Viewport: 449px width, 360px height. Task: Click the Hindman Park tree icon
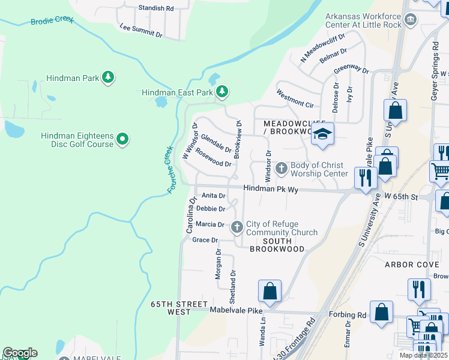109,77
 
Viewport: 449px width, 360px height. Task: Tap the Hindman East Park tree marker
223,92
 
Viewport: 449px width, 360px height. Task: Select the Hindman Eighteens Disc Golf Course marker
122,140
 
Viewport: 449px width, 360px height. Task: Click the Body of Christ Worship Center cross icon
282,169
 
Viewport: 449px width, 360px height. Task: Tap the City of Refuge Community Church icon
237,227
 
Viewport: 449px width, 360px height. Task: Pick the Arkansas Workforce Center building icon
411,20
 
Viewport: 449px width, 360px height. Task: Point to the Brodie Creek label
52,21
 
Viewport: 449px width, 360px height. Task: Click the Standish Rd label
155,8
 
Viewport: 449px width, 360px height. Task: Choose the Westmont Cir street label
295,99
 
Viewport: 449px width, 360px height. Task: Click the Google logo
20,353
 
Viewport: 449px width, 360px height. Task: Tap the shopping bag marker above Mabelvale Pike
270,291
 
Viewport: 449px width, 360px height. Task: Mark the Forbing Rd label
348,314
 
